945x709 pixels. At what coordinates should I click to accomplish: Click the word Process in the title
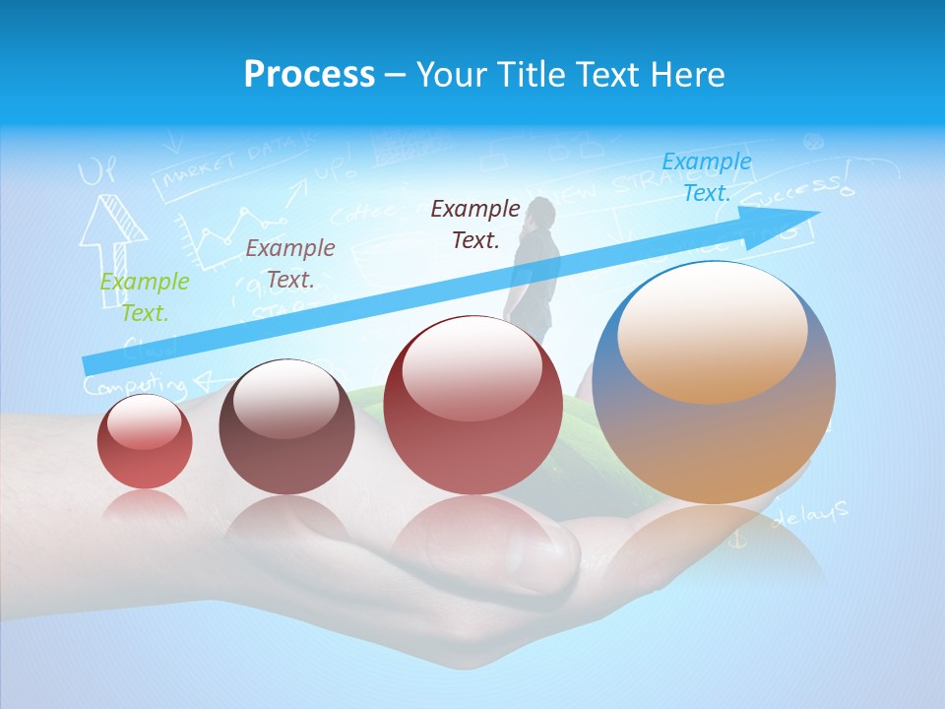(x=309, y=74)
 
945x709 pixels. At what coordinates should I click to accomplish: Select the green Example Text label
(x=144, y=297)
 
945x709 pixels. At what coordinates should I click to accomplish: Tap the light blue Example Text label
(x=706, y=177)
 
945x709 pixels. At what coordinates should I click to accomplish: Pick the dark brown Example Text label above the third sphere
(x=475, y=224)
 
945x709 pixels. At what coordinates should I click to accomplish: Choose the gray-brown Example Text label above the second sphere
(x=289, y=264)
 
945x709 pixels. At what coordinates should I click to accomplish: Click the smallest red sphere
(x=145, y=441)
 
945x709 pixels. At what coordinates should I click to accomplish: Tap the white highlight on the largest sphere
(x=712, y=330)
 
